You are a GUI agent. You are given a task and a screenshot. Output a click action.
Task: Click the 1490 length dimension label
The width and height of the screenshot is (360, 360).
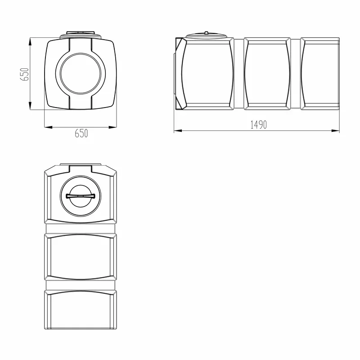click(258, 125)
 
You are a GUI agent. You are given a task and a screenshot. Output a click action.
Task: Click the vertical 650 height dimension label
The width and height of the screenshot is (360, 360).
click(25, 74)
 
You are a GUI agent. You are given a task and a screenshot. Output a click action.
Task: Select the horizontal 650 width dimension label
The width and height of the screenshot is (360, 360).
click(81, 133)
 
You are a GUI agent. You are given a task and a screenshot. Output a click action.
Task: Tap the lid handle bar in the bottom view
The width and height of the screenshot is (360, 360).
click(81, 196)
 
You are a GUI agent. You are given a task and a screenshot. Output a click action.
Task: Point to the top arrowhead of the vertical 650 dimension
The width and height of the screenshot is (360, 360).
click(30, 42)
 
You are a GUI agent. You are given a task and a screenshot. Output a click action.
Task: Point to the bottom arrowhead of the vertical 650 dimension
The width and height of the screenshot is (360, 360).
click(30, 105)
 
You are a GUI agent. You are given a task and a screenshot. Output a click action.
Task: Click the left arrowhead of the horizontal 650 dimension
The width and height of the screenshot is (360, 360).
click(49, 127)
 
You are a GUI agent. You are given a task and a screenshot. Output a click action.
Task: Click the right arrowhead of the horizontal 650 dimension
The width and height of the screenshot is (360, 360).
click(112, 127)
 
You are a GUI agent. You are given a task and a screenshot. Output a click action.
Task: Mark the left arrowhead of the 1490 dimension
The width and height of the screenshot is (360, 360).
click(178, 131)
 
